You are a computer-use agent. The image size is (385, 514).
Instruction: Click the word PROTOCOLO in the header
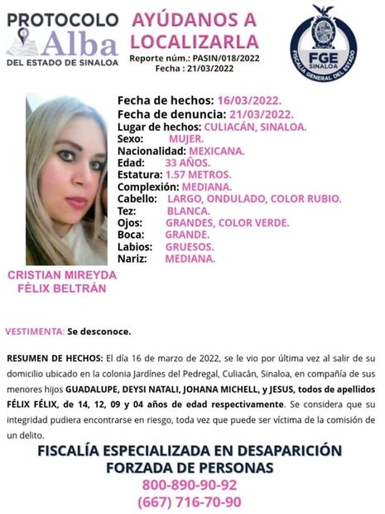click(x=61, y=17)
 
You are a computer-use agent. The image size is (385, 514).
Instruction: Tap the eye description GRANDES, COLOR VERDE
click(x=227, y=223)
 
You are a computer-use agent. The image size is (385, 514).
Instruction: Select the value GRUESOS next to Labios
click(x=190, y=247)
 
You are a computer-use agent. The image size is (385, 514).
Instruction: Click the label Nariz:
click(x=132, y=259)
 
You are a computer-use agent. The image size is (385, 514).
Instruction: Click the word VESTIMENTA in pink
click(x=35, y=332)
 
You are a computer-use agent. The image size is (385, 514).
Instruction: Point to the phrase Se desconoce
click(x=99, y=332)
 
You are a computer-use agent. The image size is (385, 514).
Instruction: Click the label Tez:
click(x=128, y=211)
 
